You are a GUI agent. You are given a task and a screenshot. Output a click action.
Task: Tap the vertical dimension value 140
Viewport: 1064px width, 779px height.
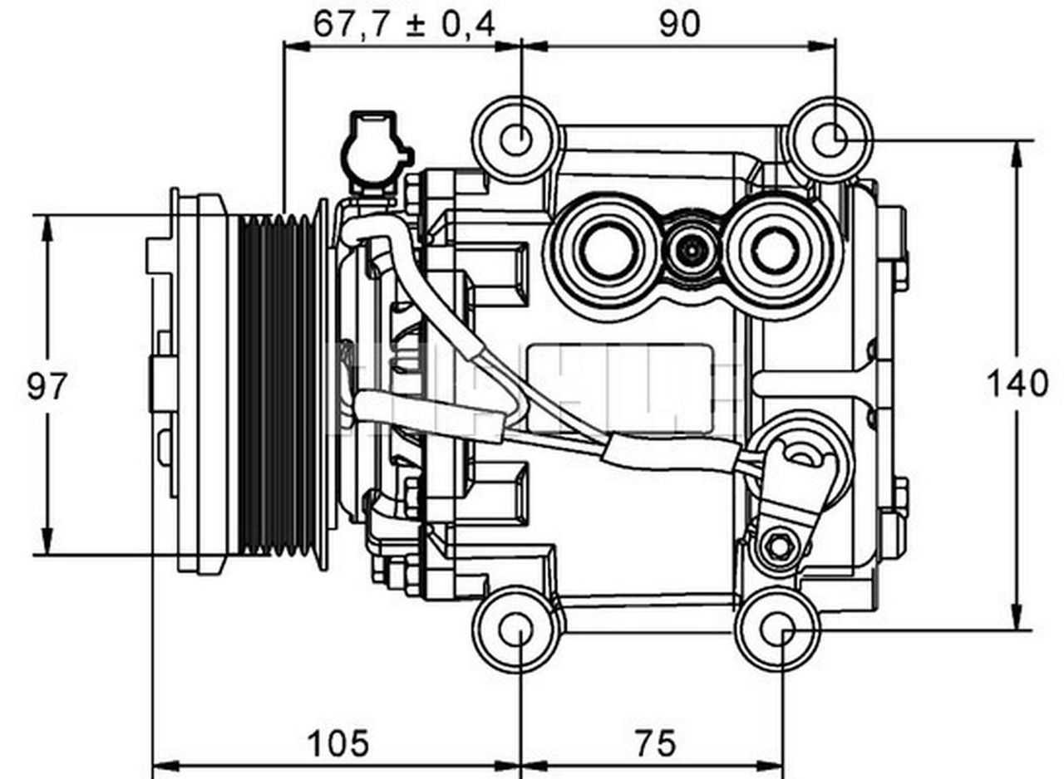tap(1017, 384)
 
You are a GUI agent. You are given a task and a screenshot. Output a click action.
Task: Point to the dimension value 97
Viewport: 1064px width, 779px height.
tap(46, 387)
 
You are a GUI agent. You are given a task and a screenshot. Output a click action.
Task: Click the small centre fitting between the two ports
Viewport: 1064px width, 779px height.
tap(690, 248)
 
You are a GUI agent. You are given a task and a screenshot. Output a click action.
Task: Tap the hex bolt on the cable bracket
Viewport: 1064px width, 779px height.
tap(779, 546)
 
